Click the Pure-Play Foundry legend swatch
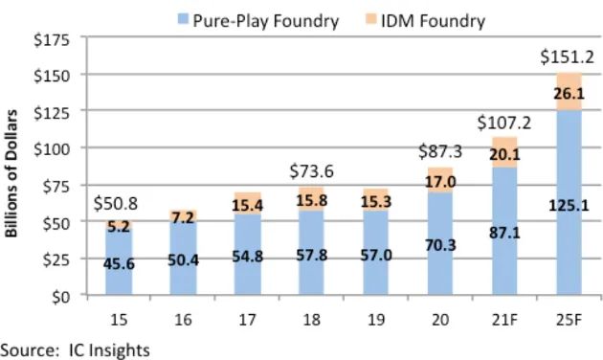[x=183, y=18]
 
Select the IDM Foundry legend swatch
[x=370, y=18]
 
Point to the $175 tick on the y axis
[x=52, y=39]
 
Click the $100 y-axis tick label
[x=52, y=149]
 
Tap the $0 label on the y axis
[x=60, y=297]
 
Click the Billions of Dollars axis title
[x=11, y=173]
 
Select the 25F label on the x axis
[x=569, y=320]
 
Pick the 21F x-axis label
[x=504, y=320]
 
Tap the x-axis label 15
[x=119, y=320]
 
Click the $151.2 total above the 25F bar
[x=568, y=56]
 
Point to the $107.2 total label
[x=504, y=123]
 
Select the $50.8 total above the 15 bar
[x=116, y=204]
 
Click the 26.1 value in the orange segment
[x=569, y=94]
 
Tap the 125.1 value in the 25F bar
[x=569, y=206]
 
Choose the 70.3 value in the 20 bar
[x=440, y=245]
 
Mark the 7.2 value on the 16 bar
[x=183, y=218]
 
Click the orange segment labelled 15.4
[x=248, y=203]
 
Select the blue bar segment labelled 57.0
[x=376, y=253]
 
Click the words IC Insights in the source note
[x=109, y=350]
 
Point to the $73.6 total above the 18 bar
[x=311, y=171]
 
